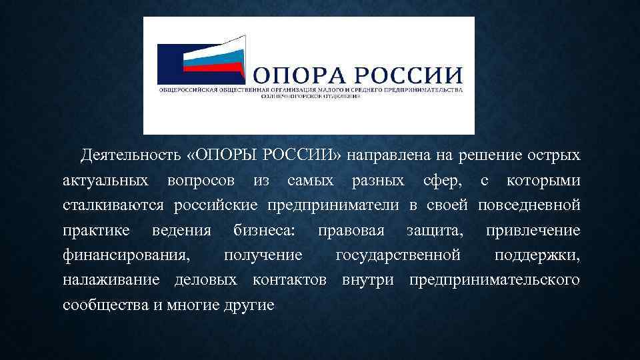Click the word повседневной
529,206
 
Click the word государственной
398,256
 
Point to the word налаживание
111,281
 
